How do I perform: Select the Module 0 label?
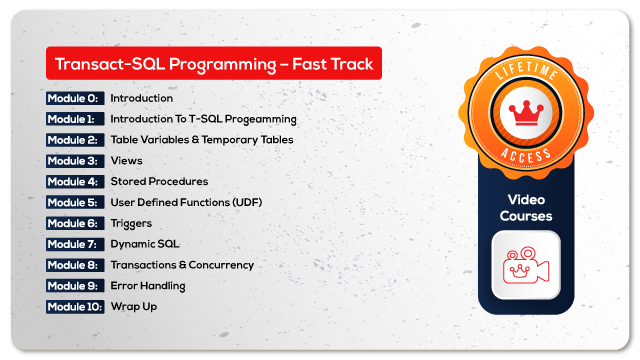74,98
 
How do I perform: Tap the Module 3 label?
74,160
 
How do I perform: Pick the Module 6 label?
74,223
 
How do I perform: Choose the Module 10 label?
75,306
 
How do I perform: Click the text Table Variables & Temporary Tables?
202,140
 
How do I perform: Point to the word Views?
126,160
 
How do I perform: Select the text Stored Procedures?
159,181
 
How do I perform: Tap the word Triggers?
133,223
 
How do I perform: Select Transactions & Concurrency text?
182,265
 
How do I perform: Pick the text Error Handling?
147,286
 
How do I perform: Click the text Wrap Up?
133,306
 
